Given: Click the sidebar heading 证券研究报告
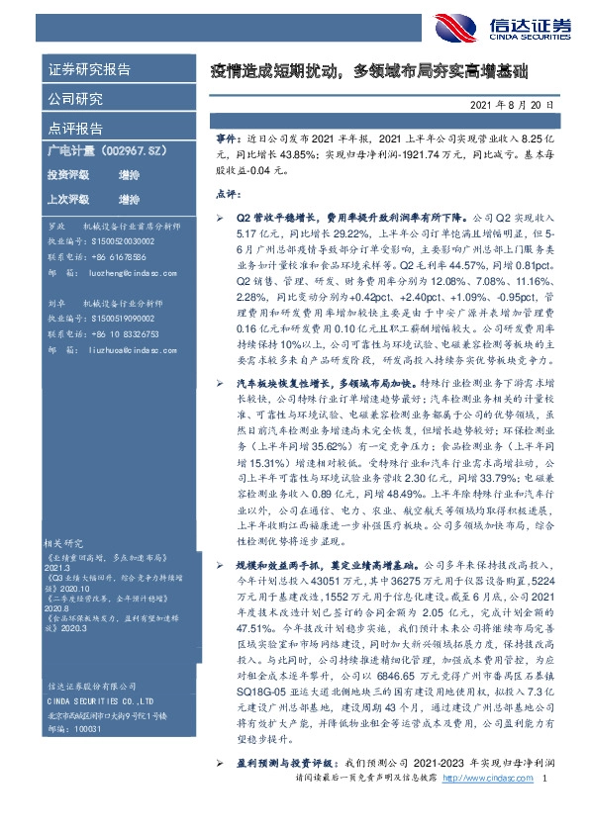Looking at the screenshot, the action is pyautogui.click(x=89, y=70).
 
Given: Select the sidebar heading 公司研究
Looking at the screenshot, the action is pyautogui.click(x=75, y=99).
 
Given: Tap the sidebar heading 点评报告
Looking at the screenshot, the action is pyautogui.click(x=75, y=128).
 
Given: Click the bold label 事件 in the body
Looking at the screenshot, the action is pyautogui.click(x=227, y=142).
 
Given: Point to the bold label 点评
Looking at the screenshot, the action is pyautogui.click(x=227, y=194).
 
